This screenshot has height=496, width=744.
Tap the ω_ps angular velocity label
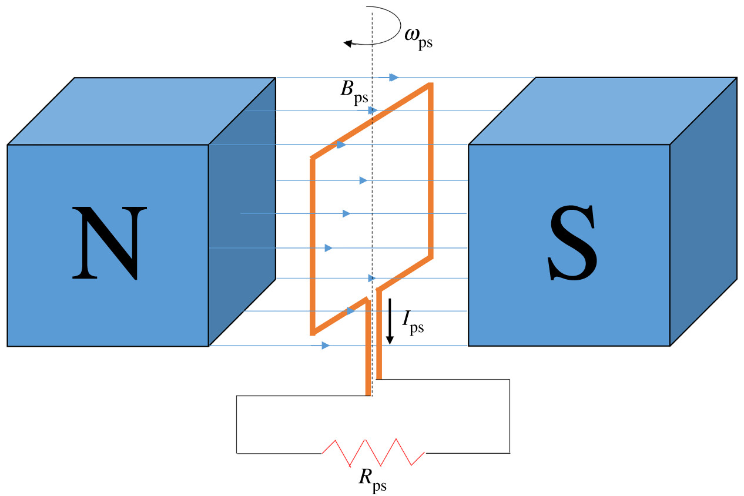point(418,36)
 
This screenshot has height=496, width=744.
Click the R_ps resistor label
point(373,478)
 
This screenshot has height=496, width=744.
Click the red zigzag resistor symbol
point(373,452)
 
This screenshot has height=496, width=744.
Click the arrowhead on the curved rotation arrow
point(348,43)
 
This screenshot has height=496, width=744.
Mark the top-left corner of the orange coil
point(313,158)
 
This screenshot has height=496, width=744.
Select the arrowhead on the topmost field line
point(394,77)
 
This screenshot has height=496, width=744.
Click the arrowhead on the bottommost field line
point(325,346)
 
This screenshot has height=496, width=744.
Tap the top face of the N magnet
point(141,111)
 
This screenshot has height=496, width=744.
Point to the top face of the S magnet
point(602,111)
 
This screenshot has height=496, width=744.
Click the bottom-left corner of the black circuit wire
point(237,453)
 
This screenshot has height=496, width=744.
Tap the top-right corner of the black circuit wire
point(509,380)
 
